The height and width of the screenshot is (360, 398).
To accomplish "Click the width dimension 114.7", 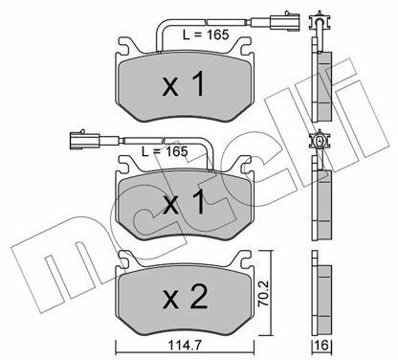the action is (x=185, y=345).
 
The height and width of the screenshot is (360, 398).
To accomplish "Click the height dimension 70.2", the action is (x=263, y=294).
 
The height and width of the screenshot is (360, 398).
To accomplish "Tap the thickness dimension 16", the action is (x=322, y=346).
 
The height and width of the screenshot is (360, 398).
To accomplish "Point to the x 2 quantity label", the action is (x=185, y=298).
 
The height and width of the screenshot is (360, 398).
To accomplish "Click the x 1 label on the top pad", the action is (x=183, y=84).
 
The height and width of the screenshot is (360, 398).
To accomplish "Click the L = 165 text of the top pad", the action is (x=206, y=34).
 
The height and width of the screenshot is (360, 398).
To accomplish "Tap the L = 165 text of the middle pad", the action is (x=165, y=151).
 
